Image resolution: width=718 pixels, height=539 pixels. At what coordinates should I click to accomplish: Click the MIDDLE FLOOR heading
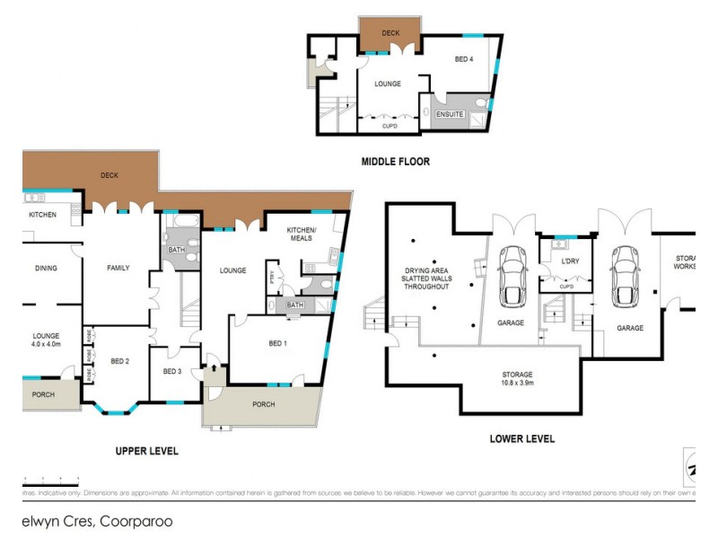(x=395, y=162)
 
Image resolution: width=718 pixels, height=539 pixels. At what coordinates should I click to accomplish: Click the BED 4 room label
(x=464, y=59)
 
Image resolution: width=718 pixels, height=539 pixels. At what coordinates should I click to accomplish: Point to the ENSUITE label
(x=450, y=114)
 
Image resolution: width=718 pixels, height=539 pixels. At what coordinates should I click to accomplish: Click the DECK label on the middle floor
(x=390, y=33)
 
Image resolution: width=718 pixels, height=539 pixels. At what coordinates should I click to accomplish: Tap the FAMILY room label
(x=118, y=268)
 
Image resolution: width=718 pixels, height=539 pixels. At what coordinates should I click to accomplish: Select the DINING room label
(x=46, y=268)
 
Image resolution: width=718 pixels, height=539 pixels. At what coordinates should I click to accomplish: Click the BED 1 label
(x=279, y=343)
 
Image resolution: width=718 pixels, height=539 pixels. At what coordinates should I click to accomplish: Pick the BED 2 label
(x=121, y=361)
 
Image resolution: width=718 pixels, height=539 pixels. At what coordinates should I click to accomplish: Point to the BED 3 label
(x=172, y=372)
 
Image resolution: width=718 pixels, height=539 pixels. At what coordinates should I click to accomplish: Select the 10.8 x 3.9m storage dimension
(x=517, y=383)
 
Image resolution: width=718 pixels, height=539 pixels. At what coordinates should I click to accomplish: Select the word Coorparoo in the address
(x=136, y=521)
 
